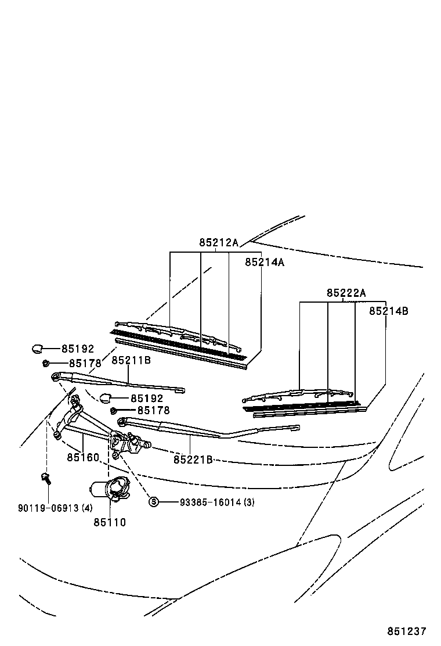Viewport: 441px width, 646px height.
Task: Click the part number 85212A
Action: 219,243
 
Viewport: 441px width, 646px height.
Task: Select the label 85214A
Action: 265,262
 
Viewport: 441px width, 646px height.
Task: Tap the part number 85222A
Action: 346,293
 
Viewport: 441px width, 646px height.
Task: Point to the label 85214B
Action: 389,311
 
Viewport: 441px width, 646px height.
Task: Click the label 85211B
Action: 131,361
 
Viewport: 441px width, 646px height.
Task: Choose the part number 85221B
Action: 193,460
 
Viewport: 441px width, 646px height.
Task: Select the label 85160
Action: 83,457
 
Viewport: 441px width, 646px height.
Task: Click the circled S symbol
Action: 154,502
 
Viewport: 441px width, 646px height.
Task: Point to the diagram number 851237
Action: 407,631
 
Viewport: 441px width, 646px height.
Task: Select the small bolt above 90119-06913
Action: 45,479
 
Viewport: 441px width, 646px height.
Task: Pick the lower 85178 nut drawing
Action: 114,411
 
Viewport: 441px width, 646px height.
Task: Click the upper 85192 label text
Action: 78,349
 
